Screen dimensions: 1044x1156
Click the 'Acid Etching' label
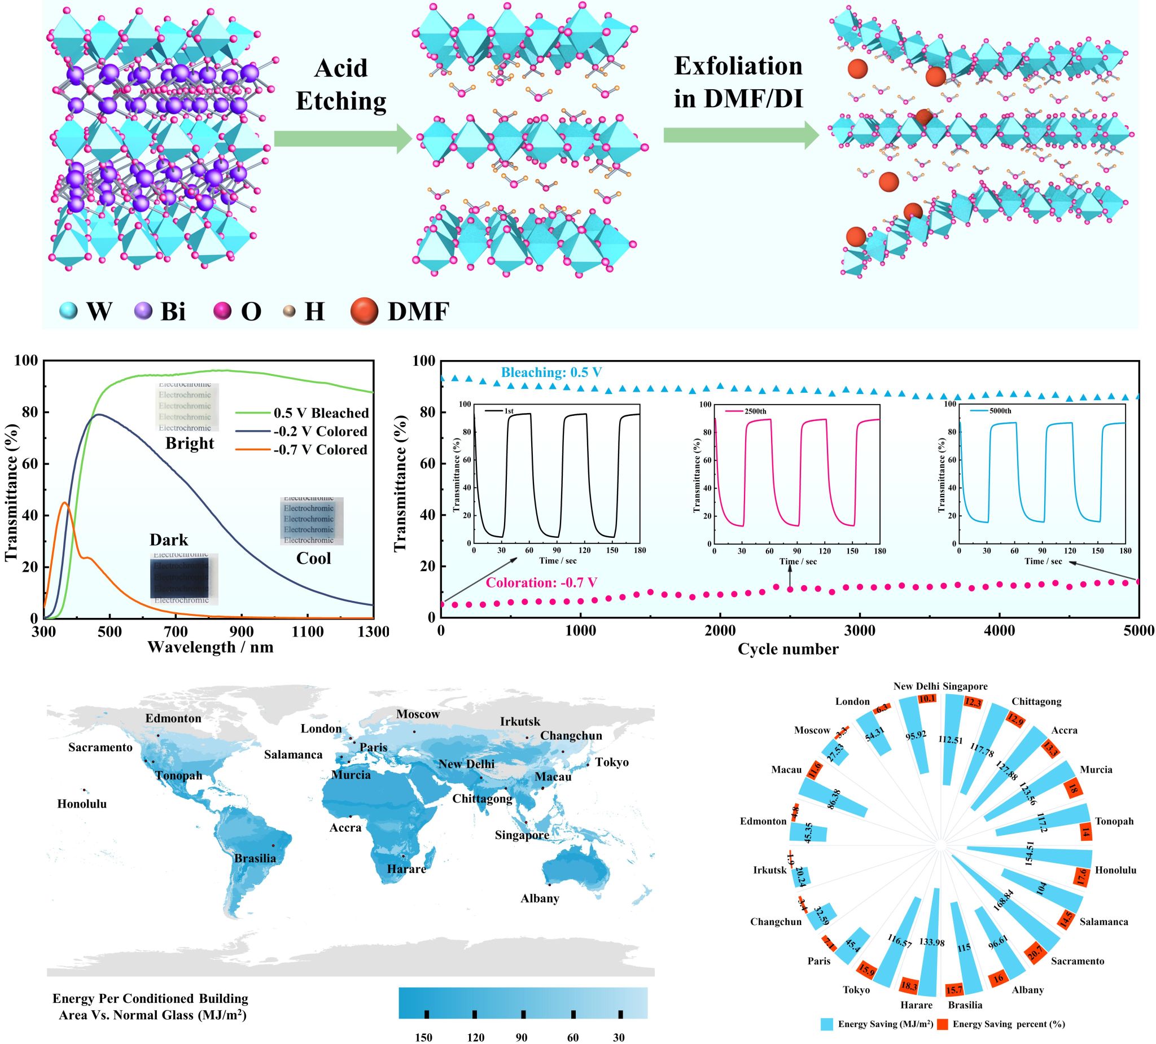[340, 85]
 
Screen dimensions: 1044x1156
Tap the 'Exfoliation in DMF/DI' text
[738, 82]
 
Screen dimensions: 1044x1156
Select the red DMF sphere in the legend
[364, 312]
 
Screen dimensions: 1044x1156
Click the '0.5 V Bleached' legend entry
[321, 413]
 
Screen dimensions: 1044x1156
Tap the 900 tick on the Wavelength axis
[242, 632]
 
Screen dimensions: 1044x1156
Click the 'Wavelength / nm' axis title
[211, 647]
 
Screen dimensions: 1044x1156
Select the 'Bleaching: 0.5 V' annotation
[551, 372]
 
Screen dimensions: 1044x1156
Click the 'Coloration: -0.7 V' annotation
[542, 583]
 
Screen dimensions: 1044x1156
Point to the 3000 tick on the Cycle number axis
[860, 631]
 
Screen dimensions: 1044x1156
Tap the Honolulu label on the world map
[82, 804]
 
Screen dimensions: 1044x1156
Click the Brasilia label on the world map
[255, 858]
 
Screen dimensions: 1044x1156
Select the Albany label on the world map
[540, 898]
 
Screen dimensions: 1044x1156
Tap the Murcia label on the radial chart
[1096, 769]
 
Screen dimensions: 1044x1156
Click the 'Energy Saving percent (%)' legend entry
[1009, 1024]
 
